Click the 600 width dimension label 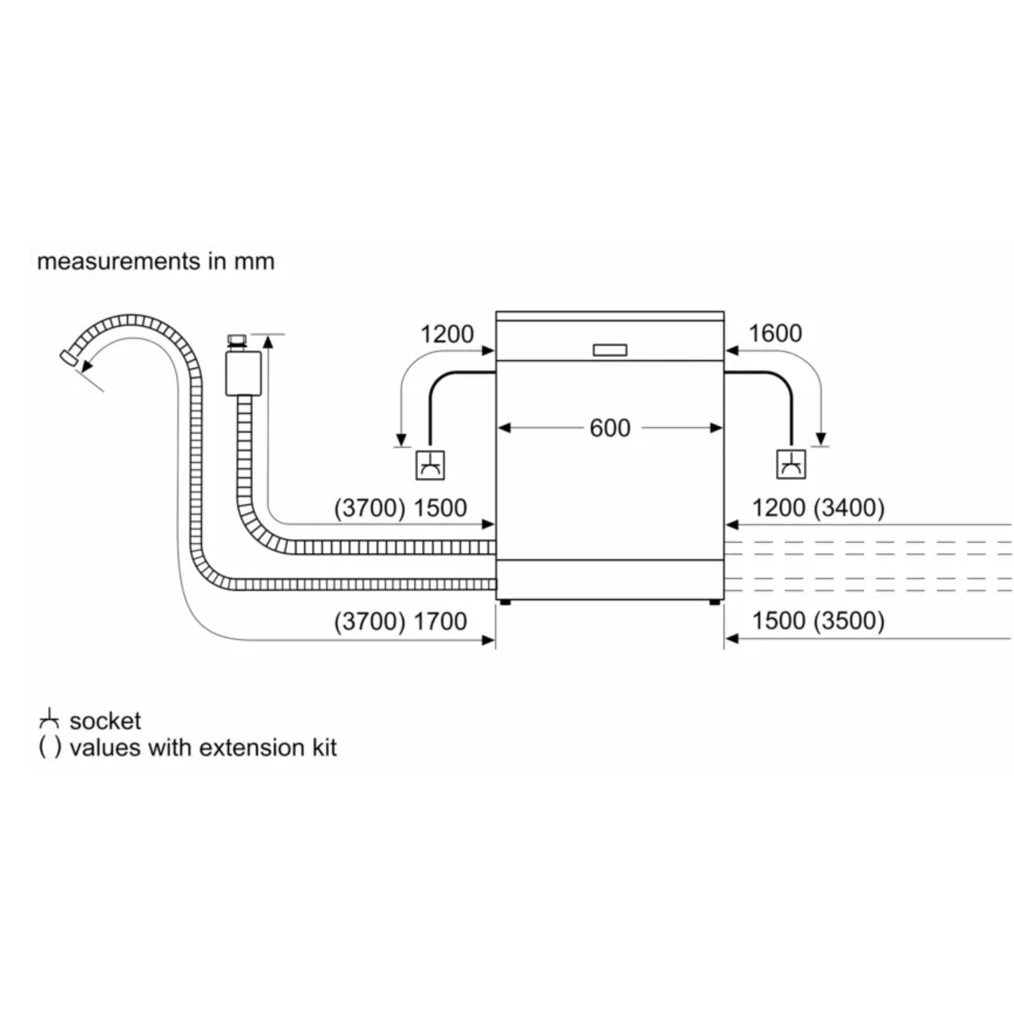click(x=609, y=428)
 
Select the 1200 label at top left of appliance click(x=446, y=334)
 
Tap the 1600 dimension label click(x=775, y=333)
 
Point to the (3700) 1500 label click(x=400, y=508)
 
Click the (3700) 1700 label click(x=400, y=621)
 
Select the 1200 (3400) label click(x=818, y=507)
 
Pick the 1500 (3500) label click(x=818, y=620)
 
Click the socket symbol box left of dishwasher click(x=429, y=465)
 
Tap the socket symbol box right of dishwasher click(x=792, y=465)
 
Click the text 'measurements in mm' click(x=155, y=262)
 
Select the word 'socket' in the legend click(x=105, y=721)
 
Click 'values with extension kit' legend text click(x=203, y=748)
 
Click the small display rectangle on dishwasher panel click(x=610, y=350)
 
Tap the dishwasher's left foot click(x=505, y=601)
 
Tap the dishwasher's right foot click(x=714, y=601)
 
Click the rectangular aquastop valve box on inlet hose click(x=243, y=373)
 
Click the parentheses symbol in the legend click(x=49, y=748)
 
